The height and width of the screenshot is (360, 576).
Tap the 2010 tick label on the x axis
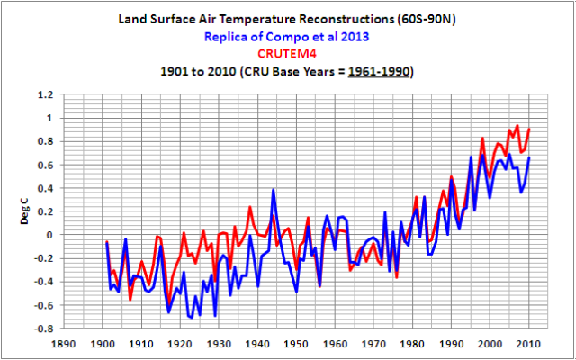click(x=530, y=343)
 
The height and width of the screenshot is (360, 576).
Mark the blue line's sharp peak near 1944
click(x=273, y=190)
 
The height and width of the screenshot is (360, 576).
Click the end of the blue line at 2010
click(x=529, y=157)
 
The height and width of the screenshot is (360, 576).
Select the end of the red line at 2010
click(x=529, y=129)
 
